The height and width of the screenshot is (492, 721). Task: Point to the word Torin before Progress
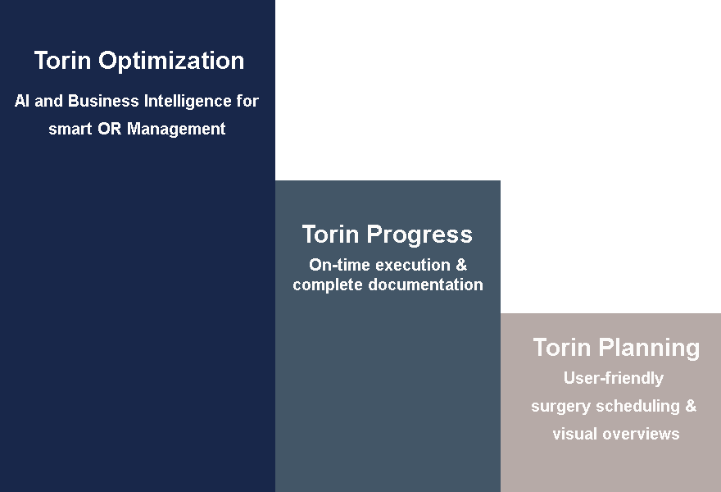click(x=330, y=235)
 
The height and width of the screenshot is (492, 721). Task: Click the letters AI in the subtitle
click(x=22, y=102)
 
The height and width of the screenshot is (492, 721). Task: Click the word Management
click(x=176, y=129)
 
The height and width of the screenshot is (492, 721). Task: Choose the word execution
click(x=413, y=266)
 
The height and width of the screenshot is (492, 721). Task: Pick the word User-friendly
click(x=614, y=379)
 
